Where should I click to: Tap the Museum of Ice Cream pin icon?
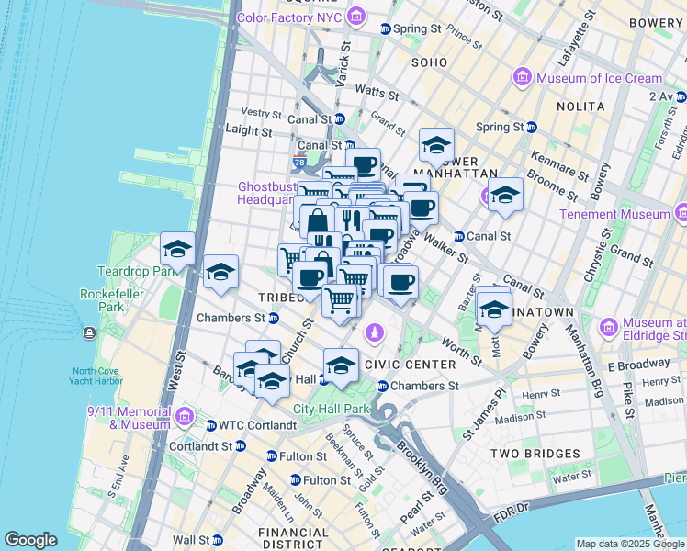(x=523, y=77)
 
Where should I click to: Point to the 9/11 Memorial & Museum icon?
(x=185, y=418)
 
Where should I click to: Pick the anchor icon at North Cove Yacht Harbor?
(x=88, y=332)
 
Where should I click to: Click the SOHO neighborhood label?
(x=430, y=63)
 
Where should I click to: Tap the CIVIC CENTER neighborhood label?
(x=411, y=365)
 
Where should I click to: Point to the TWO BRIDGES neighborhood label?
(x=535, y=454)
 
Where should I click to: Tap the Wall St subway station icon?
(x=218, y=540)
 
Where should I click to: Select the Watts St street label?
(x=376, y=93)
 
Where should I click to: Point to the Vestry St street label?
(x=261, y=113)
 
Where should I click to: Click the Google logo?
(x=30, y=540)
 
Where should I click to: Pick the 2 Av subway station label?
(x=659, y=96)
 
